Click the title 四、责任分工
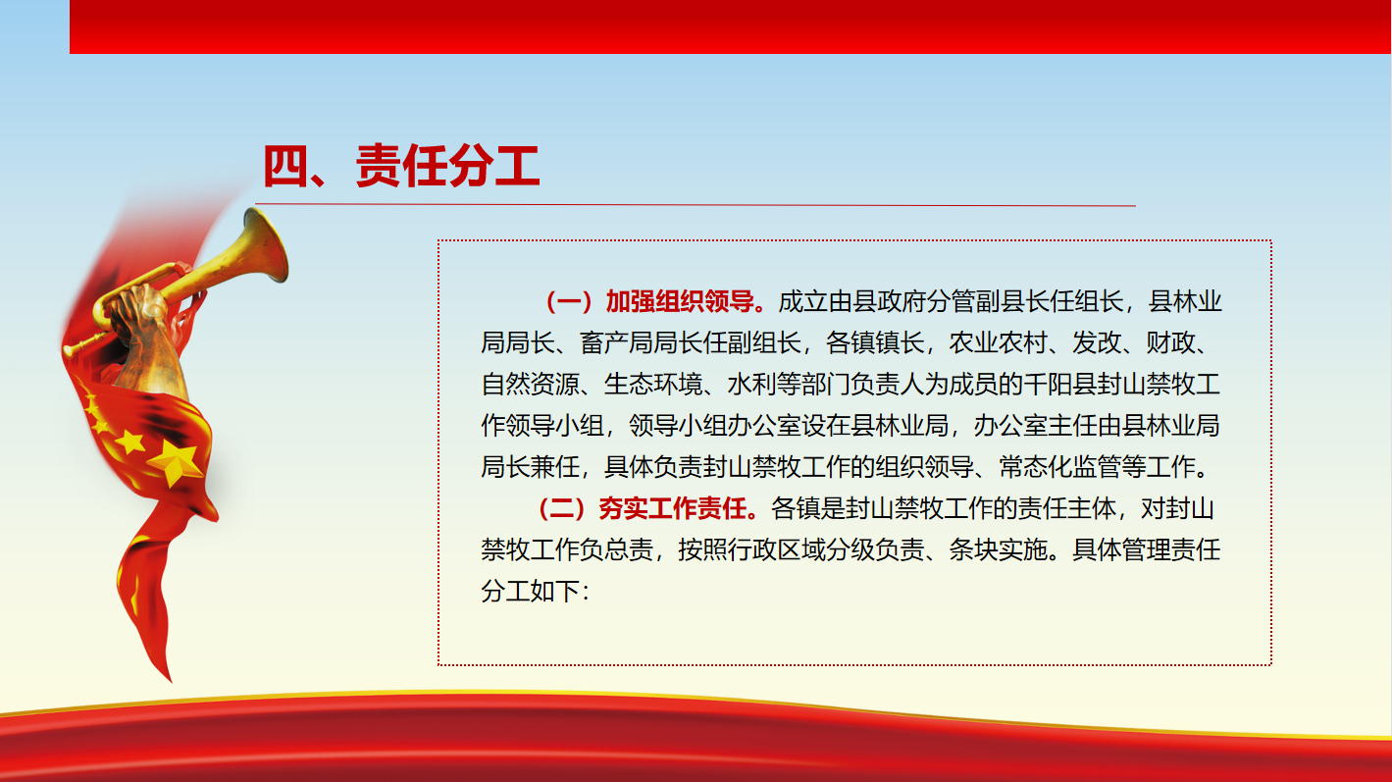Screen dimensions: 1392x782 401,166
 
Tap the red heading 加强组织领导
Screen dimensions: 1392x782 680,301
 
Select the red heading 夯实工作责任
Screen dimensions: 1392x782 672,508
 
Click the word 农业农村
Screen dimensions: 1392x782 998,342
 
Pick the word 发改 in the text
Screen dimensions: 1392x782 1096,342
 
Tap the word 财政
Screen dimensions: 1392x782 1170,342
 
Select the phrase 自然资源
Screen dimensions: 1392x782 530,385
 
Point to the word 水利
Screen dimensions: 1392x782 751,385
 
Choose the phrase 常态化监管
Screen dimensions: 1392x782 1059,467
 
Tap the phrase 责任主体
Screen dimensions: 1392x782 1067,508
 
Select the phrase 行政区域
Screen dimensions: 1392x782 776,549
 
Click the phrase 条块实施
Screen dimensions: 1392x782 998,549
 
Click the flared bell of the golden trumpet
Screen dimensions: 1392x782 266,245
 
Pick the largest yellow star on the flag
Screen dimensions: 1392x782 177,460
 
